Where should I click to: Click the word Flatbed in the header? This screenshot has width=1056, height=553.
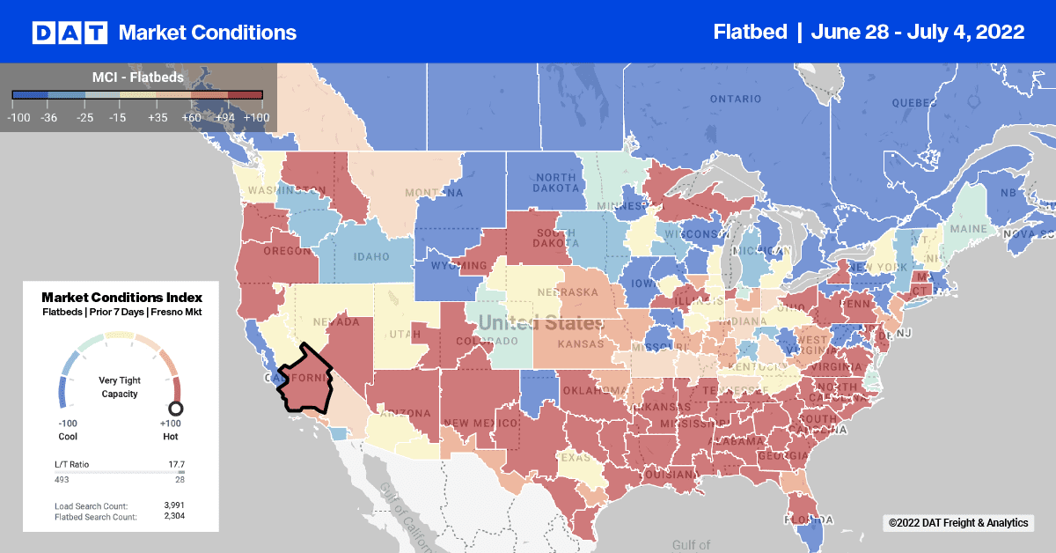coord(750,33)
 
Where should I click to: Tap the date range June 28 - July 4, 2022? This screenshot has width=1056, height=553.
coord(918,33)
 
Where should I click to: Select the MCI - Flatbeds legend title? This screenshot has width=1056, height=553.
coord(137,77)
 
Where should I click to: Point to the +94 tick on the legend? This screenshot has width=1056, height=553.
coord(227,116)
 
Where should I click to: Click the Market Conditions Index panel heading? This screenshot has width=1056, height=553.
coord(121,297)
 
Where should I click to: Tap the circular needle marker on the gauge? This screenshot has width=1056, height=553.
coord(175,408)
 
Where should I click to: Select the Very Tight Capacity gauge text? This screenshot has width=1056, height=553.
coord(119,387)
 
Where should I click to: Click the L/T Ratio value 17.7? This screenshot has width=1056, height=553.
coord(176,463)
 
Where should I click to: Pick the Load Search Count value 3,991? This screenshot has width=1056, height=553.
coord(173,505)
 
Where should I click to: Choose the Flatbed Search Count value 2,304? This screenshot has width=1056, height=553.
coord(173,516)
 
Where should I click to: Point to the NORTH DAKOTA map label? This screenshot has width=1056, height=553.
coord(555,181)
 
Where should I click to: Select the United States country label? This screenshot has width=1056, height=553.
coord(542,323)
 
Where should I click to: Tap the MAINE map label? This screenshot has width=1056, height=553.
coord(967,230)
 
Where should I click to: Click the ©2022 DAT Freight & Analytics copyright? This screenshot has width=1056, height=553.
coord(957,523)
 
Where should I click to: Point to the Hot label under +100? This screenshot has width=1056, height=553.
coord(171,436)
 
